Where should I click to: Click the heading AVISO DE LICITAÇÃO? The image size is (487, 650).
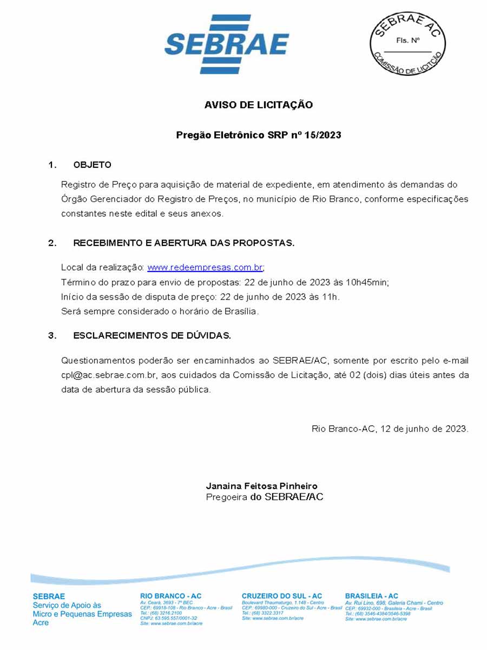point(259,105)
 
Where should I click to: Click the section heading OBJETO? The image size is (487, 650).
point(92,165)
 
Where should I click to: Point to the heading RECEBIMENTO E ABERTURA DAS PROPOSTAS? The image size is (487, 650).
point(184,243)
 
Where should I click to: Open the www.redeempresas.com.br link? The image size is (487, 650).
point(205,268)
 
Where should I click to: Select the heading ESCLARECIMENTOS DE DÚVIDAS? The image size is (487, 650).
point(152,336)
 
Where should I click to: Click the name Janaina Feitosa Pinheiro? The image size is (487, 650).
point(261,486)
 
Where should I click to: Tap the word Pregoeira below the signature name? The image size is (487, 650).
point(227,497)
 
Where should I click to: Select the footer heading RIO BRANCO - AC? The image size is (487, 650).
point(170,596)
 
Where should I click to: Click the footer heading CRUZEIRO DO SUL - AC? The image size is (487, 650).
point(282,596)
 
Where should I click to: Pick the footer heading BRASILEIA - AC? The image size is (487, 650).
point(372,596)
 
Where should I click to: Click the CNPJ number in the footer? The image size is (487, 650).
point(168,618)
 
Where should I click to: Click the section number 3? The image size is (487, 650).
point(52,336)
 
